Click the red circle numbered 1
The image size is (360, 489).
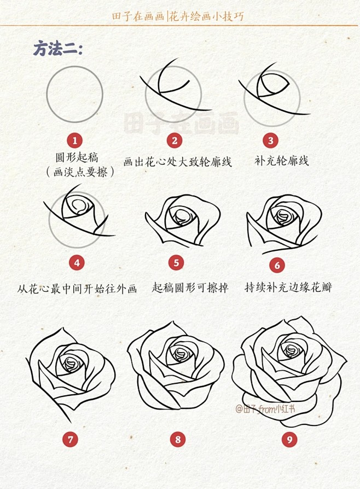coord(75,141)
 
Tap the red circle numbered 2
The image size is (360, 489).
coord(175,141)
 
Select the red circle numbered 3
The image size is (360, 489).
coord(270,140)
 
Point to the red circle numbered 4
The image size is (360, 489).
coord(77,263)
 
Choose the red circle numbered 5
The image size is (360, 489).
coord(176,263)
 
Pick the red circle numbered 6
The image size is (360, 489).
coord(277,266)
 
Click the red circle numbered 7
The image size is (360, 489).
coord(71,439)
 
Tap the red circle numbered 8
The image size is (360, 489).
coord(178,439)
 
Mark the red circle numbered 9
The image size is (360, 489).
coord(289,439)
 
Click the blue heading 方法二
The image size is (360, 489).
coord(58,49)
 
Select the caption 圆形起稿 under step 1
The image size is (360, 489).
coord(77,157)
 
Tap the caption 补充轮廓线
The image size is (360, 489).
coord(282,160)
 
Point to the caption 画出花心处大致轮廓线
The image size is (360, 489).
coord(178,162)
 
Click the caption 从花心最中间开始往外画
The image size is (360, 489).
coord(77,289)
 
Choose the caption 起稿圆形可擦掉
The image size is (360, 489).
coord(190,287)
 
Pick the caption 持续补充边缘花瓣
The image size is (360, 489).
coord(288,287)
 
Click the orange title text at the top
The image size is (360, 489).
coord(178,16)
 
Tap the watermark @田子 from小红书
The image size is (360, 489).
coord(265,409)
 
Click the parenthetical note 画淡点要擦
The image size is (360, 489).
coord(80,172)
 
